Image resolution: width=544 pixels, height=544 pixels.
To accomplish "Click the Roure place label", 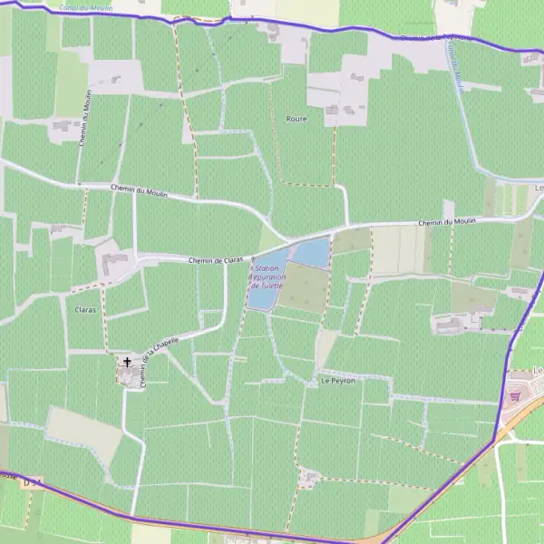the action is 296,119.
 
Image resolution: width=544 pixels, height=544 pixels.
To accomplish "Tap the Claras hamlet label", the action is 86,309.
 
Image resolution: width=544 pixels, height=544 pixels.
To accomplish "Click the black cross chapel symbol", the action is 127,362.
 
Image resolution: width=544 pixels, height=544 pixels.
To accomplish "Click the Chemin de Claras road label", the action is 217,260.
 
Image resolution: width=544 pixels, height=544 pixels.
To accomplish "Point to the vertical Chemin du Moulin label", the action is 87,126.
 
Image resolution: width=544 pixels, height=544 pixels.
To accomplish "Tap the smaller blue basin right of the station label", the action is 311,252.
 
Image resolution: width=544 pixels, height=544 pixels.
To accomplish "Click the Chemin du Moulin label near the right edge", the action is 447,222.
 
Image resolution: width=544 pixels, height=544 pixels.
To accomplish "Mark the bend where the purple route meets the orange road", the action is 495,442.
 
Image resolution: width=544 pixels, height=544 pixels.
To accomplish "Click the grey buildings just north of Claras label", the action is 115,264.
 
